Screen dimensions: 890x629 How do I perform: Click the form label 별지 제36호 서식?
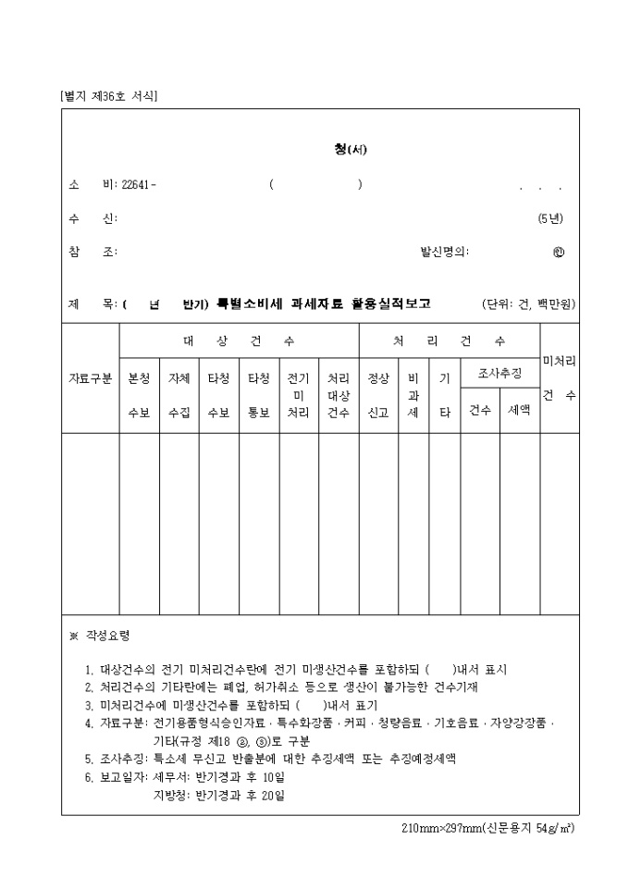108,95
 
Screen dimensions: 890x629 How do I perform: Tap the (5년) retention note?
549,218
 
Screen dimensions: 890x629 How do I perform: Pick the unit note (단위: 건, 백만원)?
528,303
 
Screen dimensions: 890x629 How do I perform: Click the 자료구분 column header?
91,378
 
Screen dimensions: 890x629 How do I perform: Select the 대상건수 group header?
239,340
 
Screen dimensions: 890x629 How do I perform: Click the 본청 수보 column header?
139,395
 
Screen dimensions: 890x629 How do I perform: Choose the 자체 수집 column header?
179,395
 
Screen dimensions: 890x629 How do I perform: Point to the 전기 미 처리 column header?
298,395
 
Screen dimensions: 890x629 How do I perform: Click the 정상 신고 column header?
378,395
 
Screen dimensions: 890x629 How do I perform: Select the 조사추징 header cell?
499,373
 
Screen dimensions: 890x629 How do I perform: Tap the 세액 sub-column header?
519,409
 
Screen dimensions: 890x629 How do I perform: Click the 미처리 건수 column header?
559,377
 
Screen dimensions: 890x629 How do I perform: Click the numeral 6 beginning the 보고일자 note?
89,776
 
